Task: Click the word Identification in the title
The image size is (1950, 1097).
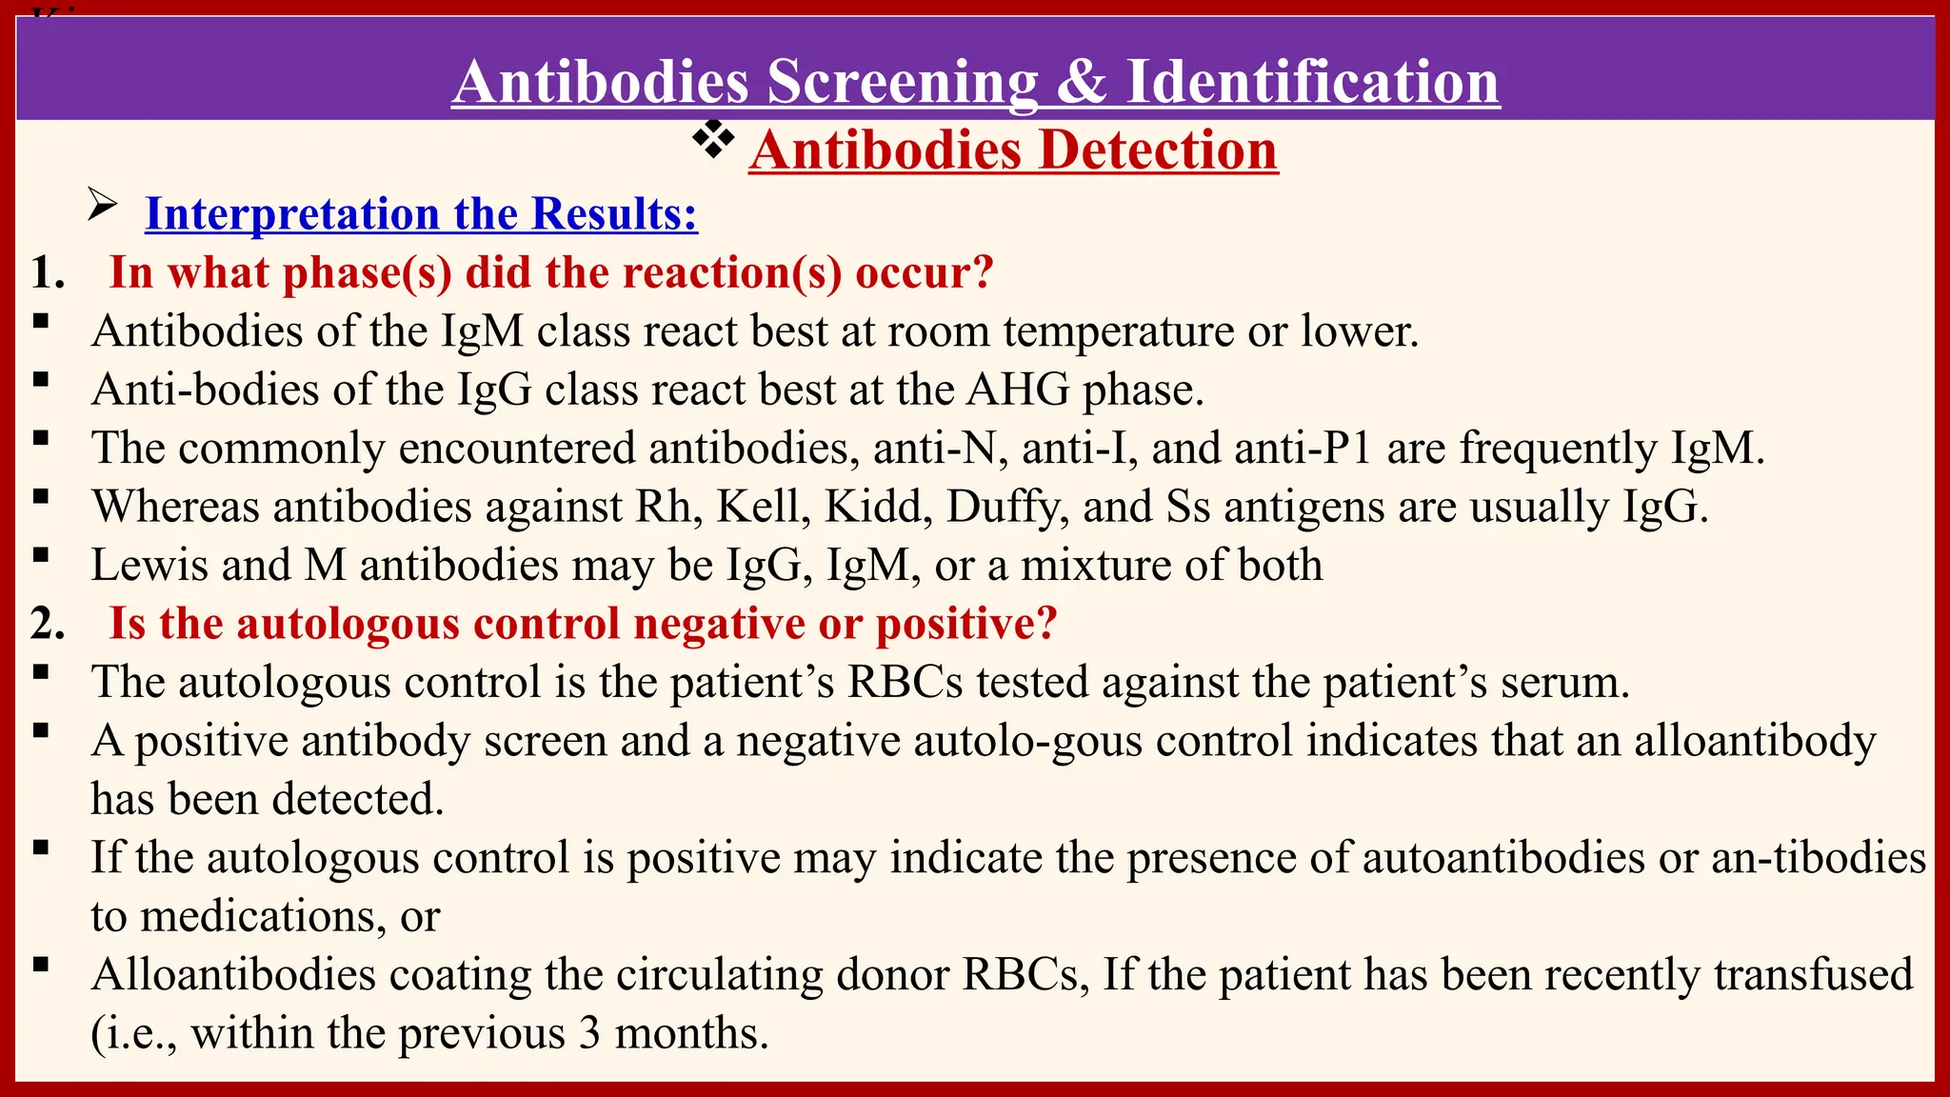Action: tap(1313, 82)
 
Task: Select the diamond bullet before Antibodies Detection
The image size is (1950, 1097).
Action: tap(713, 141)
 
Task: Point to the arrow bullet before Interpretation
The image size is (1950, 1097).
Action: tap(102, 205)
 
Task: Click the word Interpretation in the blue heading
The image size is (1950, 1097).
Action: tap(292, 213)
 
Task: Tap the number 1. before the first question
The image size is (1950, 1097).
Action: tap(48, 273)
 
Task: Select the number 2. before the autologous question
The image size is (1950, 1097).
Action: tap(48, 625)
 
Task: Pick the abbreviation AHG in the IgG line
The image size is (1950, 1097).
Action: tap(1018, 389)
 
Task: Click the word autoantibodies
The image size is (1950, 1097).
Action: tap(1503, 858)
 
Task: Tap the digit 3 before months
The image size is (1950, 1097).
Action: tap(589, 1033)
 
